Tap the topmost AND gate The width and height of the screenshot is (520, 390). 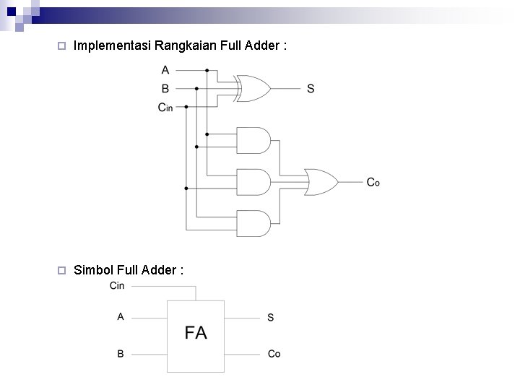[253, 140]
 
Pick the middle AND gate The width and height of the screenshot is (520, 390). [253, 182]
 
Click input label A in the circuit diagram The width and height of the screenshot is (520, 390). [165, 70]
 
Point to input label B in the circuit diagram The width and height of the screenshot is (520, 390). [165, 89]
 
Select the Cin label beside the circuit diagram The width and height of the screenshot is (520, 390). [165, 108]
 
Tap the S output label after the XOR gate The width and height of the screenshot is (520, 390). [311, 89]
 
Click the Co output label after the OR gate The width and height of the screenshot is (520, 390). [373, 182]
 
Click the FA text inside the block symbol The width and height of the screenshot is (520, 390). [196, 333]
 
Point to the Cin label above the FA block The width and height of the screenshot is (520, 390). [117, 286]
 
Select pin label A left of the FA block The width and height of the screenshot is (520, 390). [121, 316]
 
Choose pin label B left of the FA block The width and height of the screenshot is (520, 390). [121, 354]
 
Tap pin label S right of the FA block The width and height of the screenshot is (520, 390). [270, 317]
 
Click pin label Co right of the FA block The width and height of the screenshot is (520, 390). [274, 354]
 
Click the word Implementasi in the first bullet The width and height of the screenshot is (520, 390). [113, 46]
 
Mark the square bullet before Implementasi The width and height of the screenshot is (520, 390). [61, 46]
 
